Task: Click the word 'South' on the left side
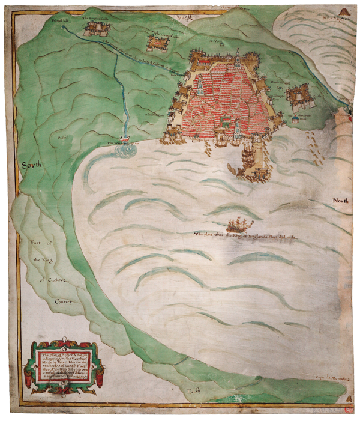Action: tap(32, 164)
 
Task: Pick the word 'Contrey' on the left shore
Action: tap(49, 301)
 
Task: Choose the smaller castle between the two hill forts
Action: tap(157, 41)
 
